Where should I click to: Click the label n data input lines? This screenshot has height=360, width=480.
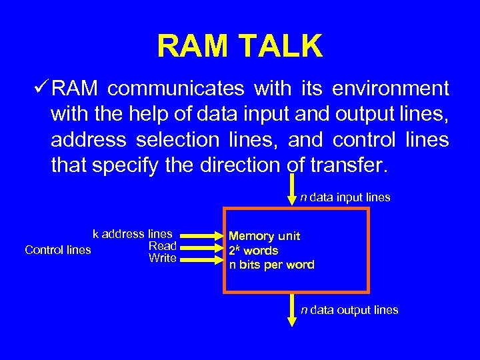click(345, 197)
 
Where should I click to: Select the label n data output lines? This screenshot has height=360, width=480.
click(349, 310)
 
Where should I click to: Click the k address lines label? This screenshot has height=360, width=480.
click(132, 234)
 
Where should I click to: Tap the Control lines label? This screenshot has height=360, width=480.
click(58, 250)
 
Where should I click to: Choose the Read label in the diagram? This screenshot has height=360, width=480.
click(162, 246)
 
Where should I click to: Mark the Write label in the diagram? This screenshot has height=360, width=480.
click(162, 258)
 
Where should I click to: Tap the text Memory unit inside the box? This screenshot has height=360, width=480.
click(265, 236)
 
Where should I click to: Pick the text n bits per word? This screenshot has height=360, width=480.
click(271, 265)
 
